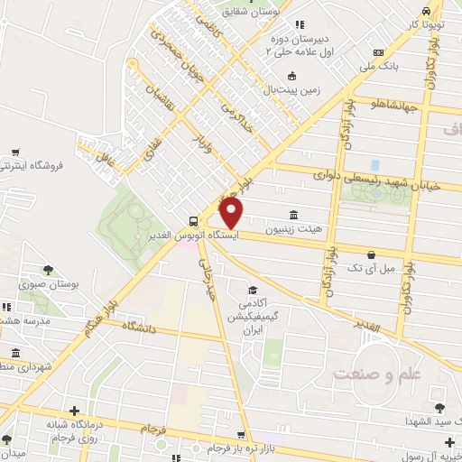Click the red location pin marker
[x=232, y=212]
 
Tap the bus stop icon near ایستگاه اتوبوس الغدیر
[x=194, y=221]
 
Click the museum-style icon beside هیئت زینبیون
[x=293, y=215]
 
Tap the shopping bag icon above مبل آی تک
[x=371, y=254]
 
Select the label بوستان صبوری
[x=76, y=284]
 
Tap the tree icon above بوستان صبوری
[x=48, y=269]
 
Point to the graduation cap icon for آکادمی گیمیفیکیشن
[x=254, y=291]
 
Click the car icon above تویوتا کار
[x=424, y=10]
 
